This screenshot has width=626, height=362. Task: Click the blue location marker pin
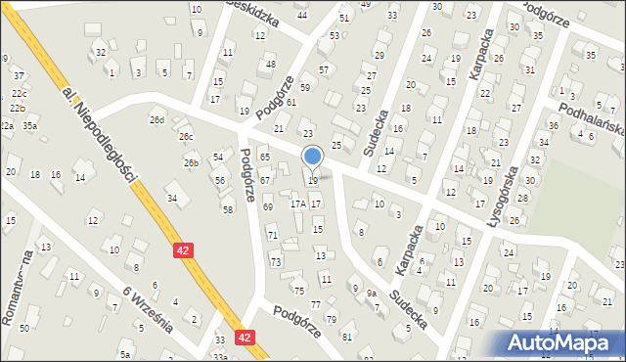[313, 157]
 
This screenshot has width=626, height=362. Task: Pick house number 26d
[156, 119]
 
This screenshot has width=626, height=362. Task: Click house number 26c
[186, 137]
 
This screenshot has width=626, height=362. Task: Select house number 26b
[192, 162]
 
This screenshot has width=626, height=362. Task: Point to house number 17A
[298, 204]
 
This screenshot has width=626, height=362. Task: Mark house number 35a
[30, 125]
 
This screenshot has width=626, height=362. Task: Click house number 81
[346, 338]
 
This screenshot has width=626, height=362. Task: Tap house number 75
[299, 291]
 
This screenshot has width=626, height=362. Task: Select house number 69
[267, 207]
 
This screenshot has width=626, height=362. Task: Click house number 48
[270, 65]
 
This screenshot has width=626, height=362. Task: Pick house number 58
[228, 209]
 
